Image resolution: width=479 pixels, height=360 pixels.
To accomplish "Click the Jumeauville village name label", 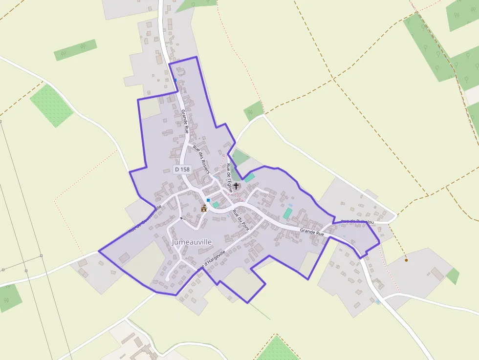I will tap(192, 242).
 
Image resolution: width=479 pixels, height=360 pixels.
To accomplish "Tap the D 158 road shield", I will tap(182, 169).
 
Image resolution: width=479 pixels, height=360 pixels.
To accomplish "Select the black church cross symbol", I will tap(237, 186).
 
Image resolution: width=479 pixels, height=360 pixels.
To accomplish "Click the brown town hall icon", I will tap(204, 208).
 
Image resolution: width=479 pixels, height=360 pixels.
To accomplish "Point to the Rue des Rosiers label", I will tap(201, 160).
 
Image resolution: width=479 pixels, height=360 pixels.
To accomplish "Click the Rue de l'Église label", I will tap(229, 178).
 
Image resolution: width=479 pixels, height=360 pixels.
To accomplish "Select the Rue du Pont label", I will tap(241, 219).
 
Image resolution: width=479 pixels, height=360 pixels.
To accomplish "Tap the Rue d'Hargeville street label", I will tap(212, 261).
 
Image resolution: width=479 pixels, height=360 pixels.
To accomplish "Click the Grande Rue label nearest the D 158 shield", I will tap(185, 122).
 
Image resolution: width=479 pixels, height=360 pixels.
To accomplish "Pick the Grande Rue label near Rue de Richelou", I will tap(312, 233).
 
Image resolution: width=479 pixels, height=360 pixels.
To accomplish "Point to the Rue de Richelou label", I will tap(357, 222).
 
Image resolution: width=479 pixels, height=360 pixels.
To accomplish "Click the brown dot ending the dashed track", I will tap(406, 260).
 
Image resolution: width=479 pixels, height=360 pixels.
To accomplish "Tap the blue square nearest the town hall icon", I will tap(208, 200).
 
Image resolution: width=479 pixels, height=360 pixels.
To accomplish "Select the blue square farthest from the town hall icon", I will tap(175, 80).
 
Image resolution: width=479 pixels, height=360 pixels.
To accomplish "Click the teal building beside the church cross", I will tap(250, 178).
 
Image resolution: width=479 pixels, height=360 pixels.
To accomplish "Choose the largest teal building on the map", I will tap(287, 213).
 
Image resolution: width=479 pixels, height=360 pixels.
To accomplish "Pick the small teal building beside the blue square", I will tap(216, 205).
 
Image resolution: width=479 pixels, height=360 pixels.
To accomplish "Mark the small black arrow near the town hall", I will tap(181, 218).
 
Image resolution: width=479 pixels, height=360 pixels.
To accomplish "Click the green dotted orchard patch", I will tap(51, 106).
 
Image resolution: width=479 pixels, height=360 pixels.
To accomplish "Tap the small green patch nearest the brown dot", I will tap(453, 276).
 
